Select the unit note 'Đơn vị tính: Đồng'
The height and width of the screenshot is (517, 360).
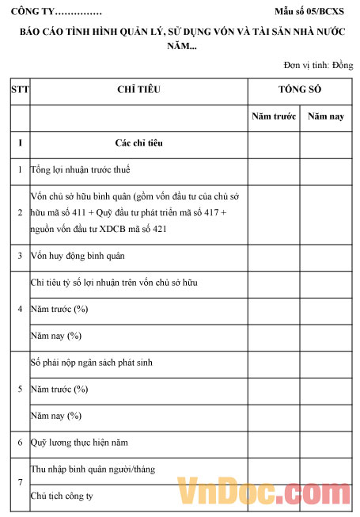coord(318,65)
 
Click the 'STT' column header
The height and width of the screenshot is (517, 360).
coord(20,89)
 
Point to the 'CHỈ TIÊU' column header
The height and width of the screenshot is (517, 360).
coord(138,89)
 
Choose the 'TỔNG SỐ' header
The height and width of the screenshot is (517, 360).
coord(299,89)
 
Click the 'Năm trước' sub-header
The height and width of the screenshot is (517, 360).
coord(274,116)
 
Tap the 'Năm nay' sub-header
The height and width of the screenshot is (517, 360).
coord(325,116)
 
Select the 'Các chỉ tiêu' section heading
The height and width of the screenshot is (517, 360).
coord(138,143)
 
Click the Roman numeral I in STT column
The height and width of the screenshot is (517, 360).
coord(20,143)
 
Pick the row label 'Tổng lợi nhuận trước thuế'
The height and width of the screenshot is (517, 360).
coord(80,169)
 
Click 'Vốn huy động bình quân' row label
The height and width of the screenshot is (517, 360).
coord(78,256)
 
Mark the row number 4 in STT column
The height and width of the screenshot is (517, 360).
coord(20,308)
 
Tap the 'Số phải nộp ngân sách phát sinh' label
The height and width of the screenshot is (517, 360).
coord(91,363)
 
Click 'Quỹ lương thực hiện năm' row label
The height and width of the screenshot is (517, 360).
coord(78,442)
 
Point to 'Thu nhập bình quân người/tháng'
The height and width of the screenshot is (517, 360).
coord(93,469)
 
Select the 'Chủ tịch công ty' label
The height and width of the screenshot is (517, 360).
coord(62,496)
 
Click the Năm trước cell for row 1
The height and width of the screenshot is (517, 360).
coord(274,169)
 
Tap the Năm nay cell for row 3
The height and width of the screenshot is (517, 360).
coord(325,256)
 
